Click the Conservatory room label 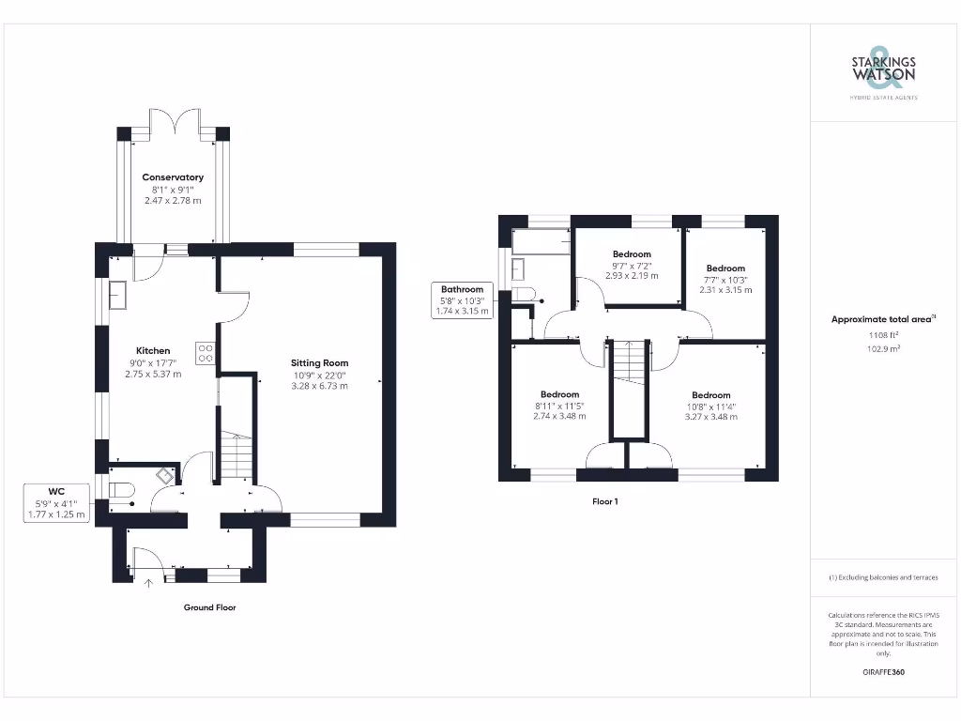coord(173,177)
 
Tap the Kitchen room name coord(152,351)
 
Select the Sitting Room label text coord(319,362)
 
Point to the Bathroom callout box coord(463,299)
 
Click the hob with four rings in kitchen coord(206,353)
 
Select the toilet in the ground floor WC coord(123,490)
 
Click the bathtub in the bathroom coord(542,241)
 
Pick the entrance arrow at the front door coord(148,583)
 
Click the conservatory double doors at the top coord(173,122)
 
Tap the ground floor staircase coord(236,457)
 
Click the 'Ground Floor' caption coord(209,607)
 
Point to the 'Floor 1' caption coord(604,502)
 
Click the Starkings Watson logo coord(883,70)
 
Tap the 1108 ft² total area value coord(883,334)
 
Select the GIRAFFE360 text coord(883,672)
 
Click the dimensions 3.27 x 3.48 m coord(710,416)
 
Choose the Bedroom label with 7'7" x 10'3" coord(725,268)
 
